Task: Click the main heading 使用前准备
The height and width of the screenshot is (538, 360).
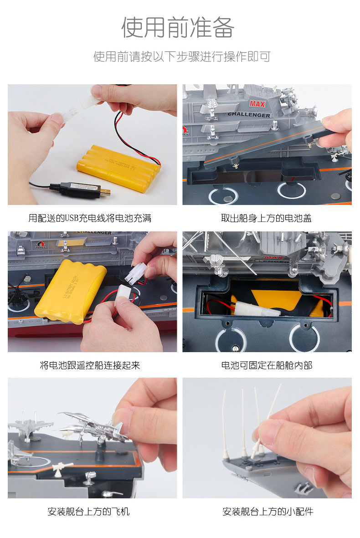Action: pyautogui.click(x=178, y=27)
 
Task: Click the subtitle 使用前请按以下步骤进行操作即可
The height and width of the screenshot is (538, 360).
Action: pyautogui.click(x=182, y=56)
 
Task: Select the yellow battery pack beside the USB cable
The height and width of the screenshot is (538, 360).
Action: pyautogui.click(x=118, y=168)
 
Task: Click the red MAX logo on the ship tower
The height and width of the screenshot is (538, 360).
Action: pyautogui.click(x=257, y=103)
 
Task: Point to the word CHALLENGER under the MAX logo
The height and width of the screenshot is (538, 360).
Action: pyautogui.click(x=249, y=115)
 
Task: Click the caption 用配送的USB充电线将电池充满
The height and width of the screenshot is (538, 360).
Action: pyautogui.click(x=90, y=218)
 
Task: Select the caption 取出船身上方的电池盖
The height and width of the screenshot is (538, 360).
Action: pyautogui.click(x=266, y=218)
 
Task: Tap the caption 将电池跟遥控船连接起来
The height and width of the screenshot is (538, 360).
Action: pyautogui.click(x=90, y=365)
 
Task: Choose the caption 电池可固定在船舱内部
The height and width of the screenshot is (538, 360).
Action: pyautogui.click(x=267, y=365)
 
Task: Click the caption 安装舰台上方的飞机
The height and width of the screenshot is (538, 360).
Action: pyautogui.click(x=88, y=512)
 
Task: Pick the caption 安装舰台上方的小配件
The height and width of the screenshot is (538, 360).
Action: pyautogui.click(x=267, y=512)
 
